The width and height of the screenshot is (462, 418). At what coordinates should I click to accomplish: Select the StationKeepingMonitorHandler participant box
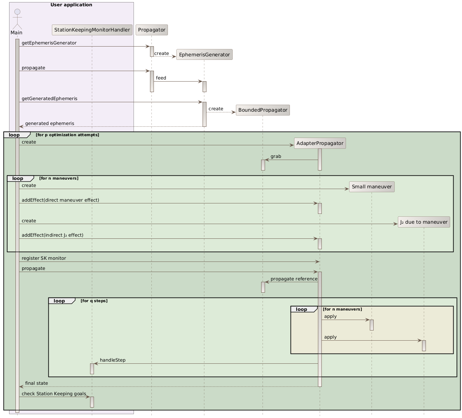pos(92,30)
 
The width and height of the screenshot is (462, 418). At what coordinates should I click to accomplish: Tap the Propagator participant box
pos(151,30)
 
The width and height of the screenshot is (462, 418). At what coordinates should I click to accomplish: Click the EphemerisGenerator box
pos(204,54)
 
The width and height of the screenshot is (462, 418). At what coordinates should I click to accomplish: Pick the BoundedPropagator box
pos(263,110)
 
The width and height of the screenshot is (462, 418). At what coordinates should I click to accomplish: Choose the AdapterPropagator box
pos(320,143)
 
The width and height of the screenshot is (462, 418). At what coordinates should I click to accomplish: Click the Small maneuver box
pos(372,187)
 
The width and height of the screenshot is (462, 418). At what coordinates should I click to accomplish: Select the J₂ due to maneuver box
pos(424,222)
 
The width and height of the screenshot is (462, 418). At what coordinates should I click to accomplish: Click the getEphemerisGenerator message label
pos(49,43)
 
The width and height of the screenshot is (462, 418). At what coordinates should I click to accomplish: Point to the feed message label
pos(161,78)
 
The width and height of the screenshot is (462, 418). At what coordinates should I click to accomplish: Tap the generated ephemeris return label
pos(49,123)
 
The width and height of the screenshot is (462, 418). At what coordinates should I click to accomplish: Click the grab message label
pos(276,156)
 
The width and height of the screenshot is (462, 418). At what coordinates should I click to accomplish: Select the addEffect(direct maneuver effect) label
pos(60,200)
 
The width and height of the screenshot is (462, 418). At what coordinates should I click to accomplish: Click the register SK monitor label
pos(44,258)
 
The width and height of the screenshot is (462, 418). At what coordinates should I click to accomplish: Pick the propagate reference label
pos(294,279)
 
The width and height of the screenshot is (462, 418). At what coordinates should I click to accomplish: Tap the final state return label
pos(36,383)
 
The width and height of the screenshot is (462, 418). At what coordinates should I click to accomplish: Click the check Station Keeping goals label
pos(54,393)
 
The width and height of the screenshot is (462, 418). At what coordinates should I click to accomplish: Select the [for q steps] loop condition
pos(94,301)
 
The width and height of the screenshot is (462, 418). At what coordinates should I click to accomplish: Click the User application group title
pos(71,5)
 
